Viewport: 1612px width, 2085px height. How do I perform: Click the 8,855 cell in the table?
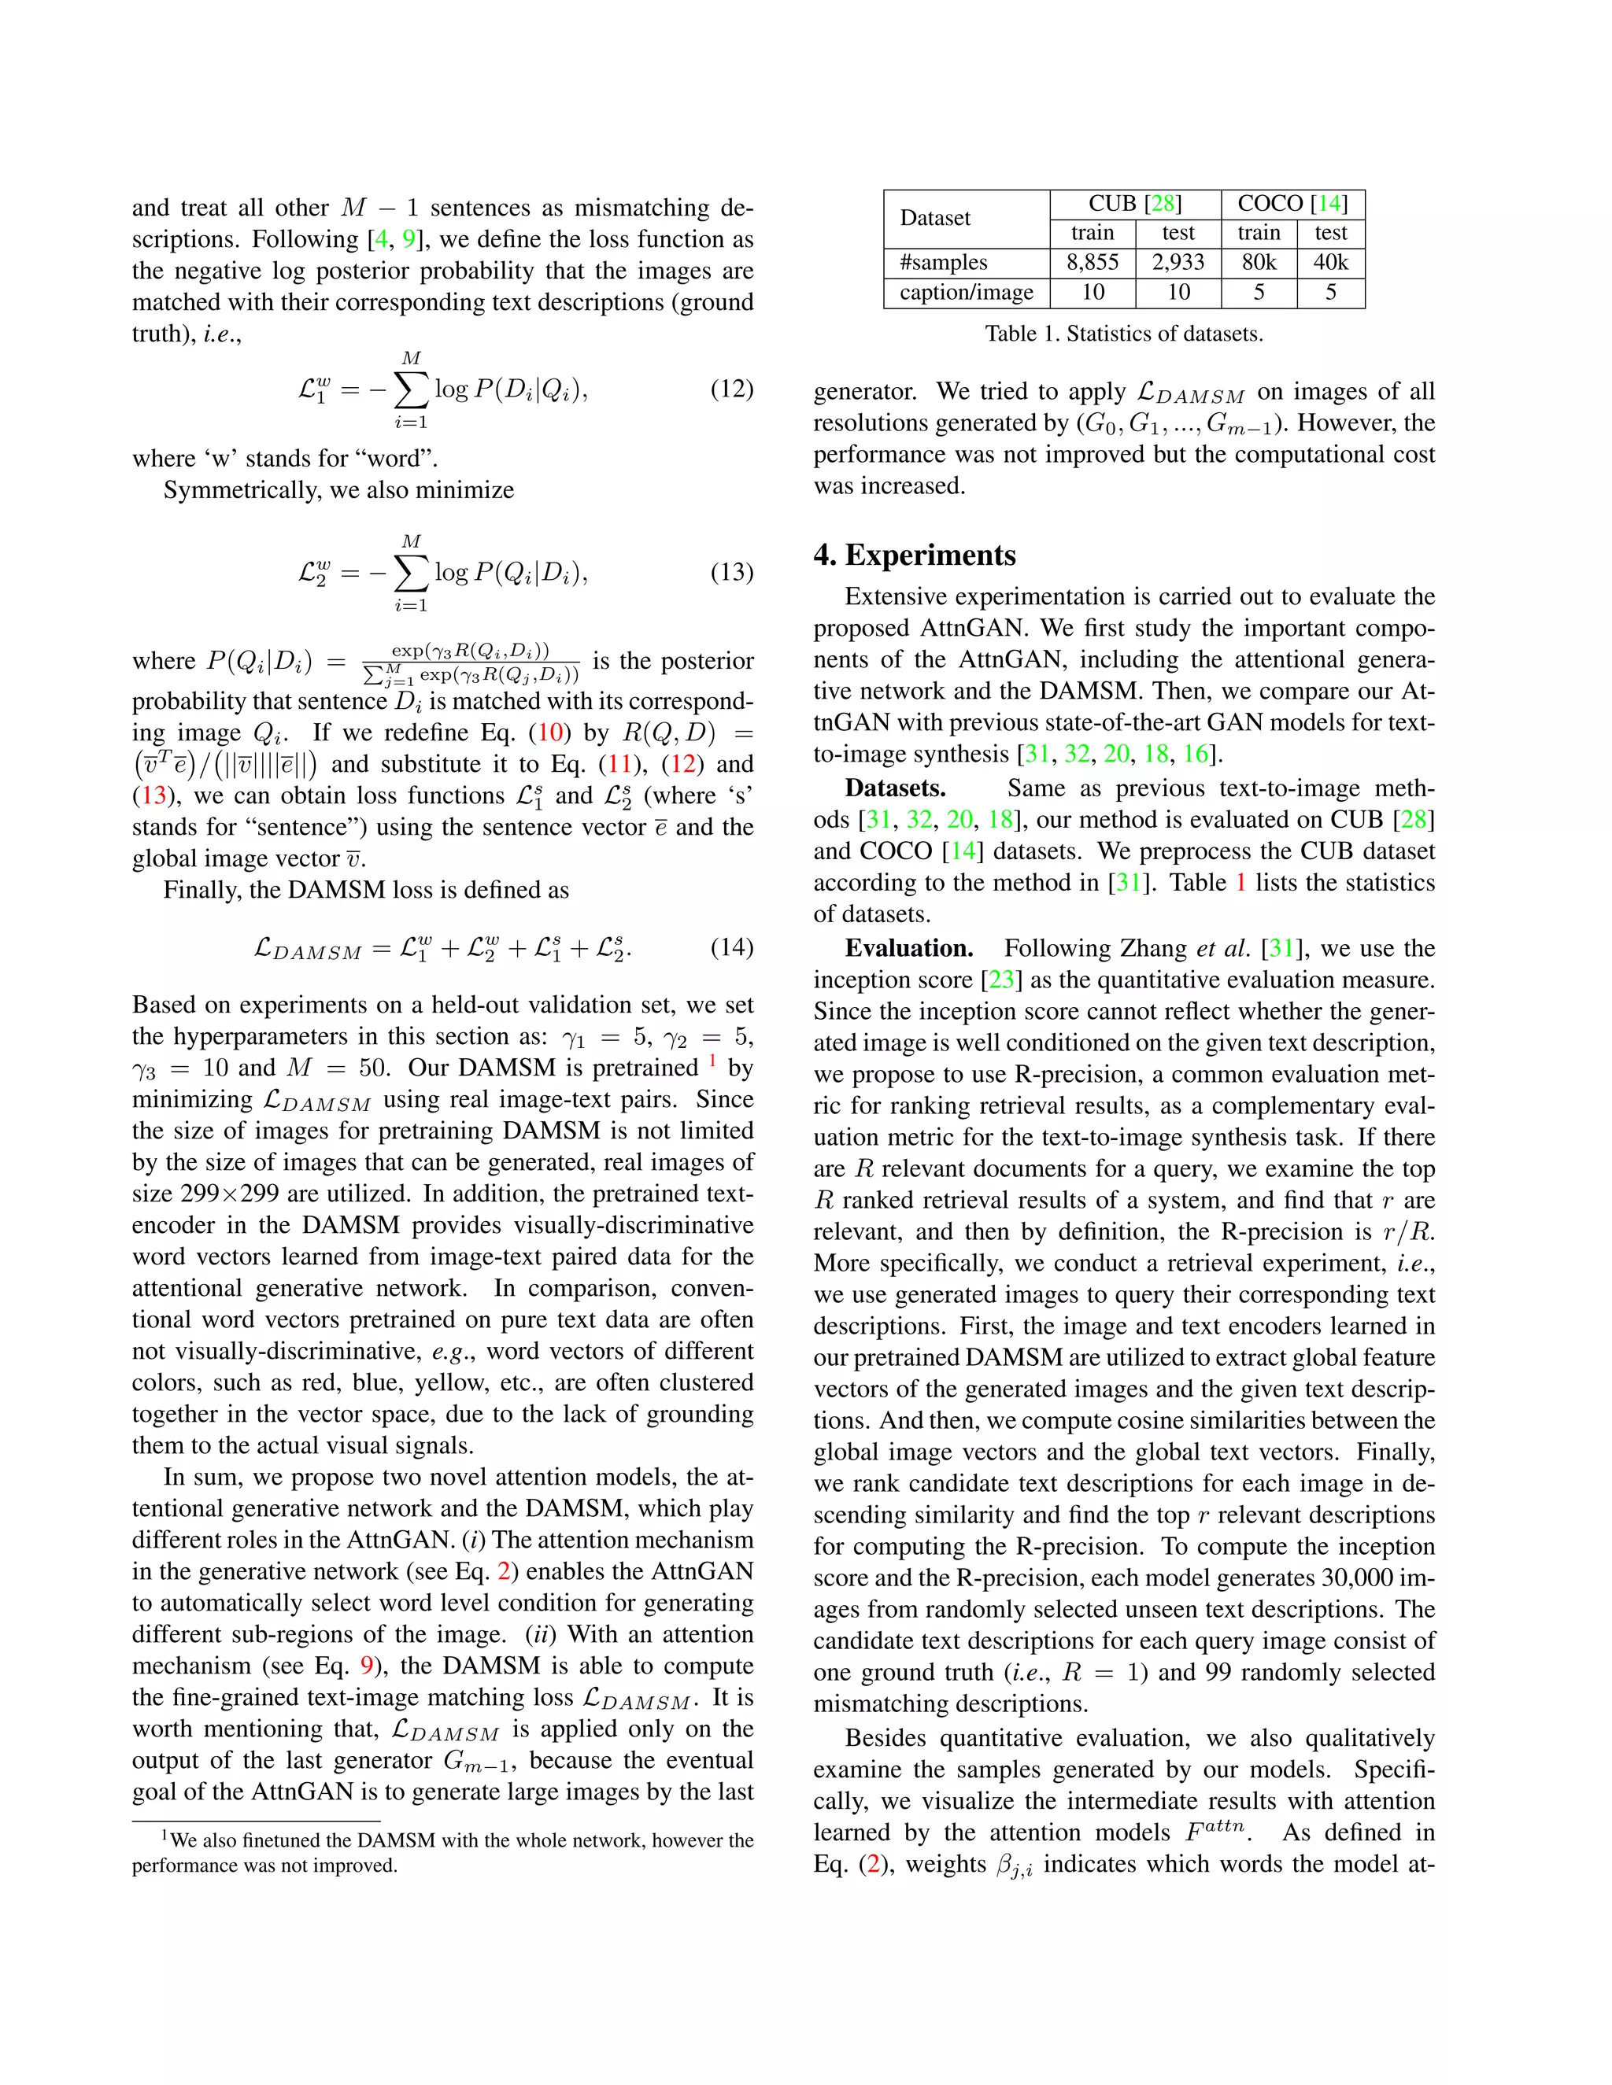1093,263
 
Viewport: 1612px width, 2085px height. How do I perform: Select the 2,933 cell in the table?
1178,263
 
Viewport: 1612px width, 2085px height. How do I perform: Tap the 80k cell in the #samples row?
1259,263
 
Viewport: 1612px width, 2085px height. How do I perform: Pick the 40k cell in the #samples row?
1330,263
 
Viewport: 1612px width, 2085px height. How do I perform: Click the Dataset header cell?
935,219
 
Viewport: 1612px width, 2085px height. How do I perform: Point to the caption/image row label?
967,292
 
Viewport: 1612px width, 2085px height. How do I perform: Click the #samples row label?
944,263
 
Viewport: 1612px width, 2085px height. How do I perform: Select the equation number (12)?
731,389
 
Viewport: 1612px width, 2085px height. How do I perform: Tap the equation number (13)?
731,572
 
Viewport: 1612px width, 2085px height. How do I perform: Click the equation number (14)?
731,947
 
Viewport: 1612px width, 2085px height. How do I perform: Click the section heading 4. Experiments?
914,555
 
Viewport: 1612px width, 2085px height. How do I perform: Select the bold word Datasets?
895,788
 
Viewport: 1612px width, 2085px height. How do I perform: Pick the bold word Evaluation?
908,948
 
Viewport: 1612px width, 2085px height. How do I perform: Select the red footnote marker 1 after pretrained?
712,1061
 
